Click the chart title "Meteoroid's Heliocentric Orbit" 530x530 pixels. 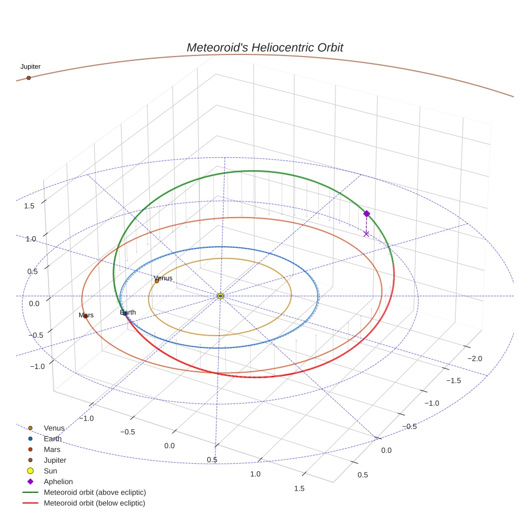pos(264,47)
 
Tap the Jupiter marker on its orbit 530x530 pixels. pos(29,78)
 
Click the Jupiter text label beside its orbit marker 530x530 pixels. pos(30,67)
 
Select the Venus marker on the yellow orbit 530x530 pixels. pos(157,281)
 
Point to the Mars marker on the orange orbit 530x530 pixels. pos(85,316)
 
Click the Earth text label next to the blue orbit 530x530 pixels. pos(128,312)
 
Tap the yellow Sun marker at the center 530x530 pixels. pos(220,296)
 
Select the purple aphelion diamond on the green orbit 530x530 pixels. pos(366,214)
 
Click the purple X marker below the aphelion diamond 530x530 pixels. pos(366,234)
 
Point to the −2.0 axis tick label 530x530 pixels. pos(474,359)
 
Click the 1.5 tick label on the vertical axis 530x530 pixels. pos(30,206)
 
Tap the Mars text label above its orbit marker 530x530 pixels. pos(86,315)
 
